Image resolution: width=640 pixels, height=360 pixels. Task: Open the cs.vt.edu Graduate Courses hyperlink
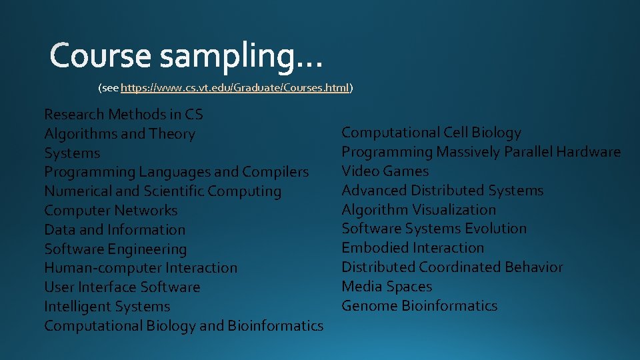[235, 87]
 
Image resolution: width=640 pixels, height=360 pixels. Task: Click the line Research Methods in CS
[123, 115]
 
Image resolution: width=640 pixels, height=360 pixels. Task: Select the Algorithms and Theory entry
[119, 134]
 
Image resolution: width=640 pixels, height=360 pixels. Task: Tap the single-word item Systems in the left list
[72, 153]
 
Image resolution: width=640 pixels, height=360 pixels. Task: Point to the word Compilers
[275, 172]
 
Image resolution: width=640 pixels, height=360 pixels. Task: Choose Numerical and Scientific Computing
[163, 191]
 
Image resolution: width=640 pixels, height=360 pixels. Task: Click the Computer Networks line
[111, 211]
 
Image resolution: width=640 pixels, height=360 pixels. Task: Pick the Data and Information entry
[115, 230]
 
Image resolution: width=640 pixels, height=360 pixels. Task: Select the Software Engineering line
[115, 249]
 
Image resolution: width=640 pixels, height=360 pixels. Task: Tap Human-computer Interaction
[141, 268]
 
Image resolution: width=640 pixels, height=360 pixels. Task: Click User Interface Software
[122, 287]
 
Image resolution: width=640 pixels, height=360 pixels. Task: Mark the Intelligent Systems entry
[107, 307]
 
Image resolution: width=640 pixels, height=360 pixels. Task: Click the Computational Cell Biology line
[431, 133]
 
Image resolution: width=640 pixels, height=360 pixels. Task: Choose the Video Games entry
[385, 171]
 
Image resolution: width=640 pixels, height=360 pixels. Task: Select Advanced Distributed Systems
[443, 191]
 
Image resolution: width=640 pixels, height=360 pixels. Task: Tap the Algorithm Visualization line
[419, 209]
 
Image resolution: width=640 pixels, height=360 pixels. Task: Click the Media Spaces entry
[387, 287]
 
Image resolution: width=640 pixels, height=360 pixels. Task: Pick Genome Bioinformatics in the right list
[419, 306]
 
